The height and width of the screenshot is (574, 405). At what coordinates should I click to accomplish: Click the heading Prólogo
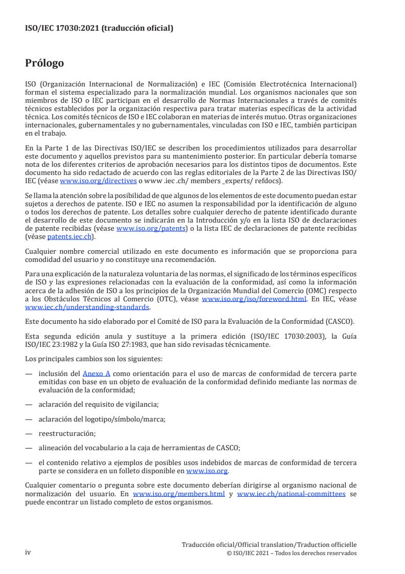pyautogui.click(x=44, y=64)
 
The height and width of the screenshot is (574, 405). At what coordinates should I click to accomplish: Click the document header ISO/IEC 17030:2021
pyautogui.click(x=99, y=29)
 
